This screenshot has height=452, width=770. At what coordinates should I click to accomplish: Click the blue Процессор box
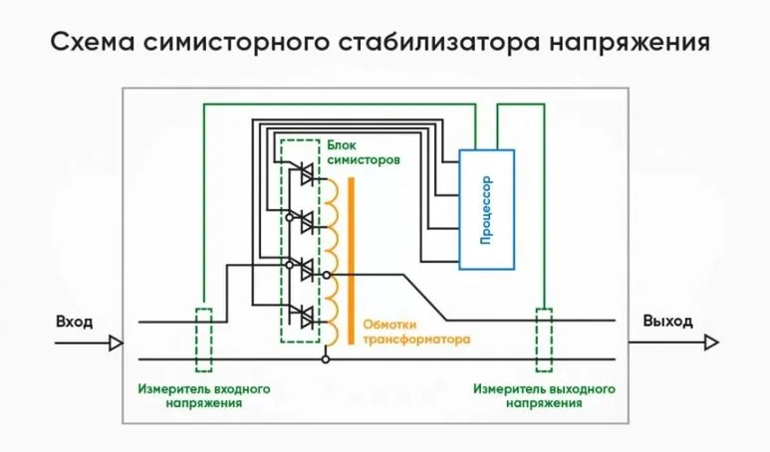click(x=486, y=209)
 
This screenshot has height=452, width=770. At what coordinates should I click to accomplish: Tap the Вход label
click(x=75, y=322)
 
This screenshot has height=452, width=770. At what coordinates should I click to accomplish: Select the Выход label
click(x=669, y=322)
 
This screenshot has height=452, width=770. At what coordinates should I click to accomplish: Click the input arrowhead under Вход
click(x=116, y=343)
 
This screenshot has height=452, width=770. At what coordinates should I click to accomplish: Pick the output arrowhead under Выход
click(x=710, y=343)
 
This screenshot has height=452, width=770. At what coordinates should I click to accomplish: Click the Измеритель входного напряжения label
click(x=204, y=396)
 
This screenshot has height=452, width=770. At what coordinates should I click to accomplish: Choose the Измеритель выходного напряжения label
click(x=544, y=396)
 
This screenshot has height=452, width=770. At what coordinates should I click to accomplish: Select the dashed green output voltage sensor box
click(x=545, y=339)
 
